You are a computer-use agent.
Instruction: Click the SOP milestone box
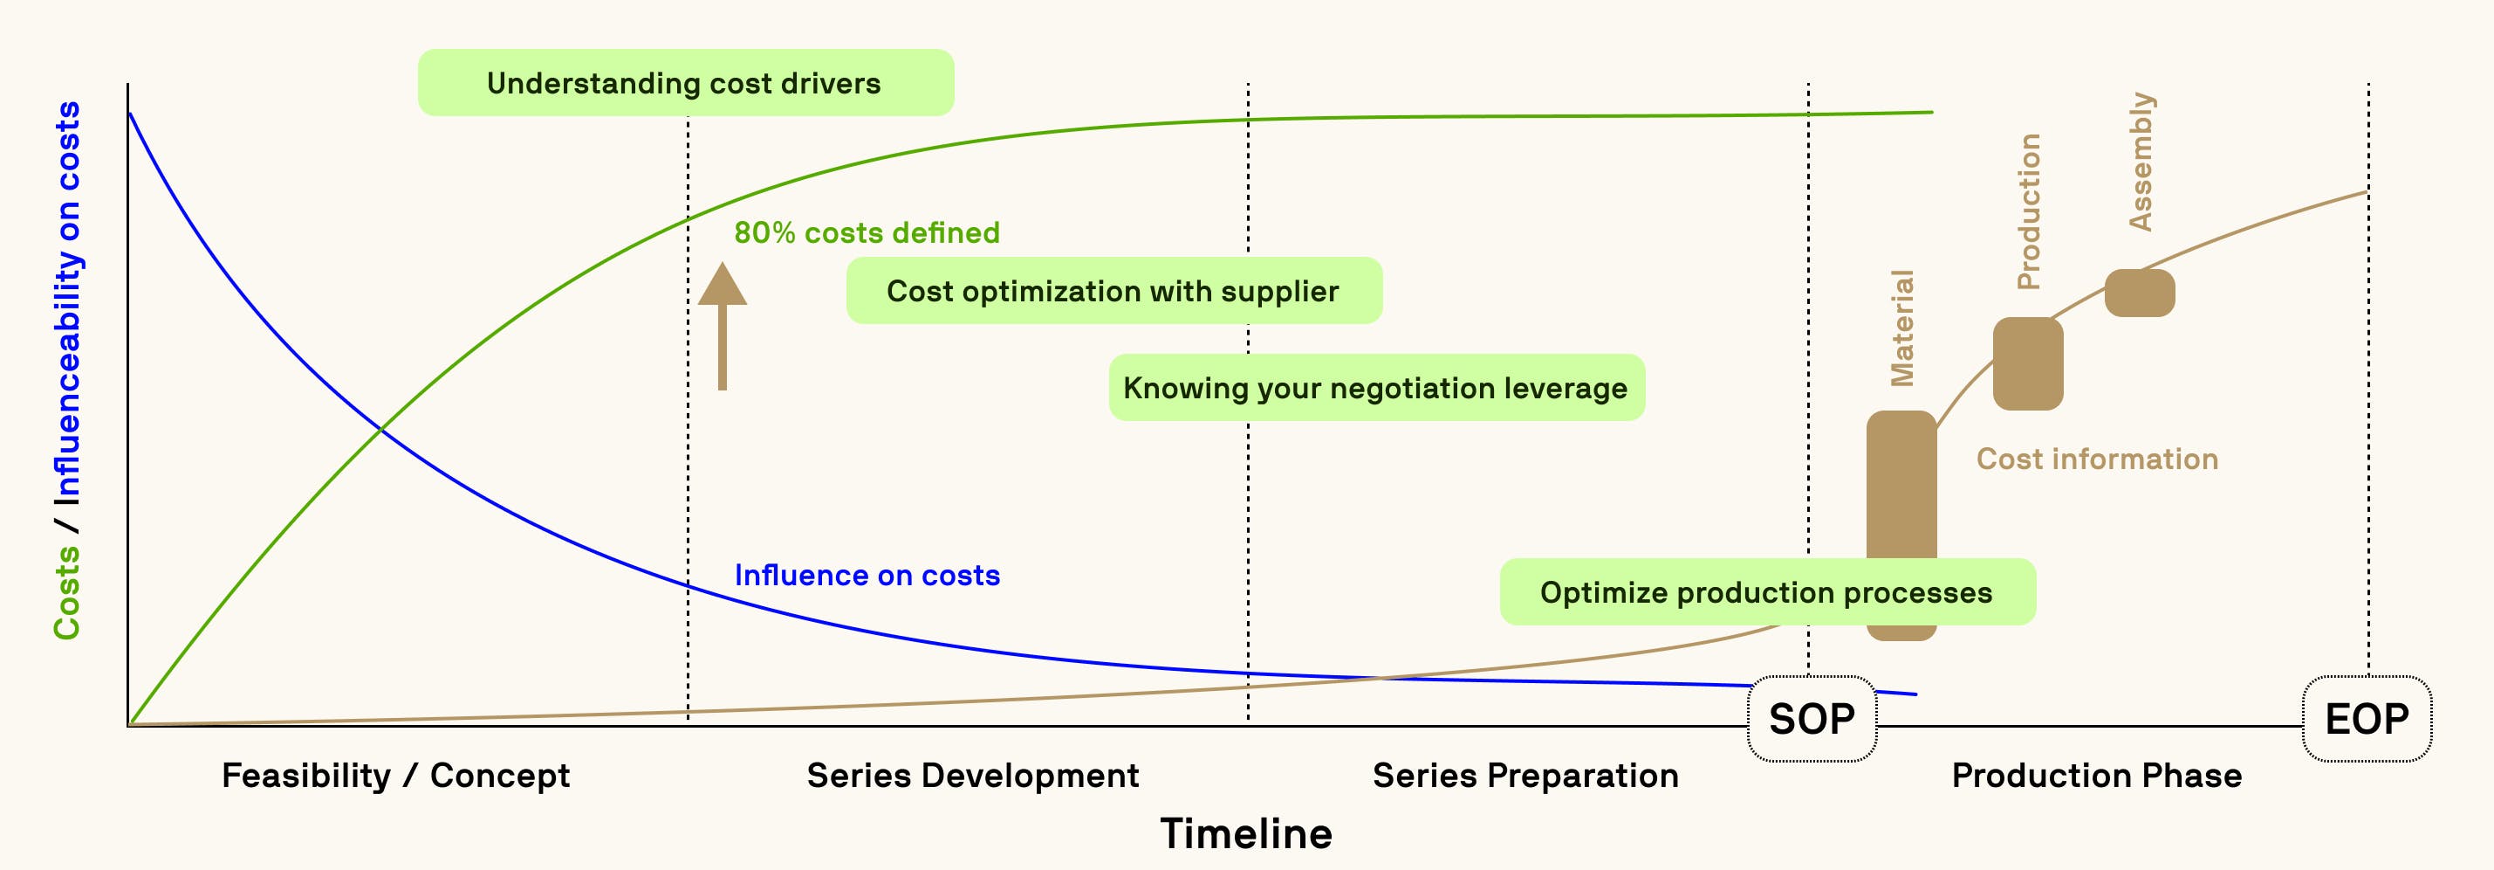(x=1812, y=719)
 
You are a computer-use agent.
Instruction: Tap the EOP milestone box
(x=2367, y=719)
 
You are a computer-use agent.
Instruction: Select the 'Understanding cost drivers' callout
(x=684, y=83)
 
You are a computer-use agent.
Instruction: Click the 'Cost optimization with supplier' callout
(x=1113, y=291)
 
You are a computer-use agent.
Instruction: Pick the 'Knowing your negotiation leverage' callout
(x=1376, y=388)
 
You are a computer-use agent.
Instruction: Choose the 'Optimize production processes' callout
(x=1767, y=592)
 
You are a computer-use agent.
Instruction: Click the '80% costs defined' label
(x=867, y=232)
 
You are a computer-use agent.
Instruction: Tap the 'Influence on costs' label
(x=867, y=576)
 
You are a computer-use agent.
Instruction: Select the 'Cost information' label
(x=2097, y=459)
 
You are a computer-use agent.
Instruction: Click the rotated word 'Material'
(x=1902, y=328)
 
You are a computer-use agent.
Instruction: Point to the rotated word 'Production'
(x=2028, y=211)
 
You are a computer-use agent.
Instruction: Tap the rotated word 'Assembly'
(x=2141, y=162)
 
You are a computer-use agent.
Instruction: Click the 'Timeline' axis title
(x=1246, y=834)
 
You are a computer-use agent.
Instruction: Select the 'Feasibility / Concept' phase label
(x=395, y=775)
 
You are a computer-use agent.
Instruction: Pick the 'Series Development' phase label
(x=972, y=775)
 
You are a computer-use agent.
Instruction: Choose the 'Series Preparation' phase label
(x=1524, y=775)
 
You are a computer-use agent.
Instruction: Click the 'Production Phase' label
(x=2096, y=775)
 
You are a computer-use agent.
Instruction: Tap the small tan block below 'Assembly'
(x=2140, y=293)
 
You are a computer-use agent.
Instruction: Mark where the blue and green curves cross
(x=381, y=428)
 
